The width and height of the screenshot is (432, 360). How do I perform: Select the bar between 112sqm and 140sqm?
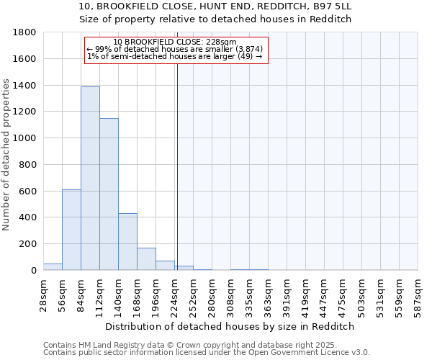109,194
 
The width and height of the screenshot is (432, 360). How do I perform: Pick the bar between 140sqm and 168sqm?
127,241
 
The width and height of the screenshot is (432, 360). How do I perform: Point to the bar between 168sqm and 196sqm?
146,259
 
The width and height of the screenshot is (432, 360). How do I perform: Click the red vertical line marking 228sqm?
177,144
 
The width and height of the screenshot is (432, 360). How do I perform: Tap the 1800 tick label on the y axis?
26,32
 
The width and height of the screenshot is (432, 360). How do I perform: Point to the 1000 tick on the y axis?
26,138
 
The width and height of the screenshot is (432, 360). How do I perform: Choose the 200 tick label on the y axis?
29,244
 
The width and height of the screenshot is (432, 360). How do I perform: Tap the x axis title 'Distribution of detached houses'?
230,326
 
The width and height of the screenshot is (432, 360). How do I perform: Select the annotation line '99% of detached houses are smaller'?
175,49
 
